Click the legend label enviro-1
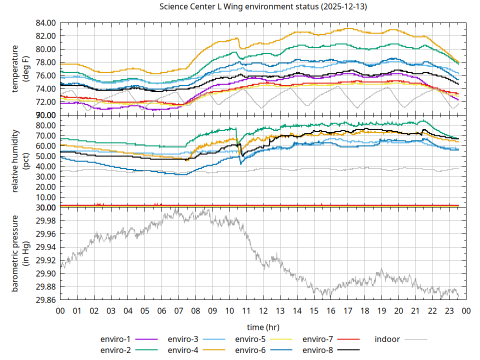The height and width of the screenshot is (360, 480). click(x=115, y=339)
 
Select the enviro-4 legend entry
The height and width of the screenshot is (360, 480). click(x=183, y=350)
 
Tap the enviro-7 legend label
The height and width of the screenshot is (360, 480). click(x=318, y=339)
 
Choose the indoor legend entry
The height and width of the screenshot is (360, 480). click(x=387, y=339)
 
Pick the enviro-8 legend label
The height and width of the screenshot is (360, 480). click(x=318, y=350)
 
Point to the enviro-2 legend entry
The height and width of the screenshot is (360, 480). click(x=115, y=350)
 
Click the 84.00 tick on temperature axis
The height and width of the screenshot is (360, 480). click(x=45, y=23)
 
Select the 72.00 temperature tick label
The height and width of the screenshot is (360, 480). click(x=45, y=102)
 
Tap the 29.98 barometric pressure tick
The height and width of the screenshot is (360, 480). click(x=45, y=221)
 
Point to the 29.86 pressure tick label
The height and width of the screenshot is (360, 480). click(x=45, y=300)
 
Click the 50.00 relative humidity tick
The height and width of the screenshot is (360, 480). click(x=45, y=156)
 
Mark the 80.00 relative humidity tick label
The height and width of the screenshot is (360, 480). click(x=45, y=125)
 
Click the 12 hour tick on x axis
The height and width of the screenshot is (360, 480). click(x=263, y=310)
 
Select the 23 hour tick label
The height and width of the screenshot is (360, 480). click(x=449, y=310)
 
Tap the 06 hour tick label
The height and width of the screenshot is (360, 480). click(x=161, y=310)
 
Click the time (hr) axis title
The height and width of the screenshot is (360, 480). click(x=263, y=327)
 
